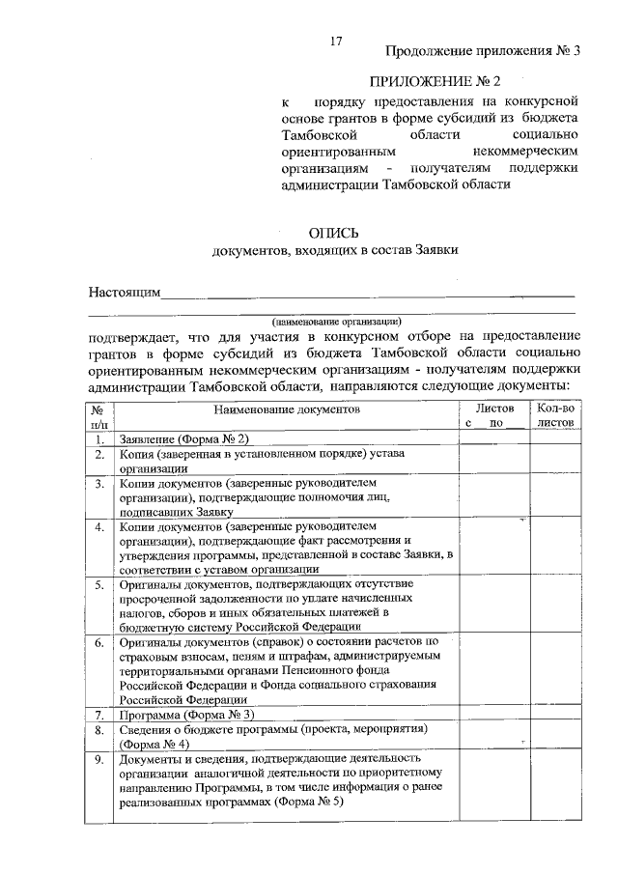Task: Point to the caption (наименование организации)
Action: [x=336, y=320]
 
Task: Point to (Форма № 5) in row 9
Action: [x=310, y=803]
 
